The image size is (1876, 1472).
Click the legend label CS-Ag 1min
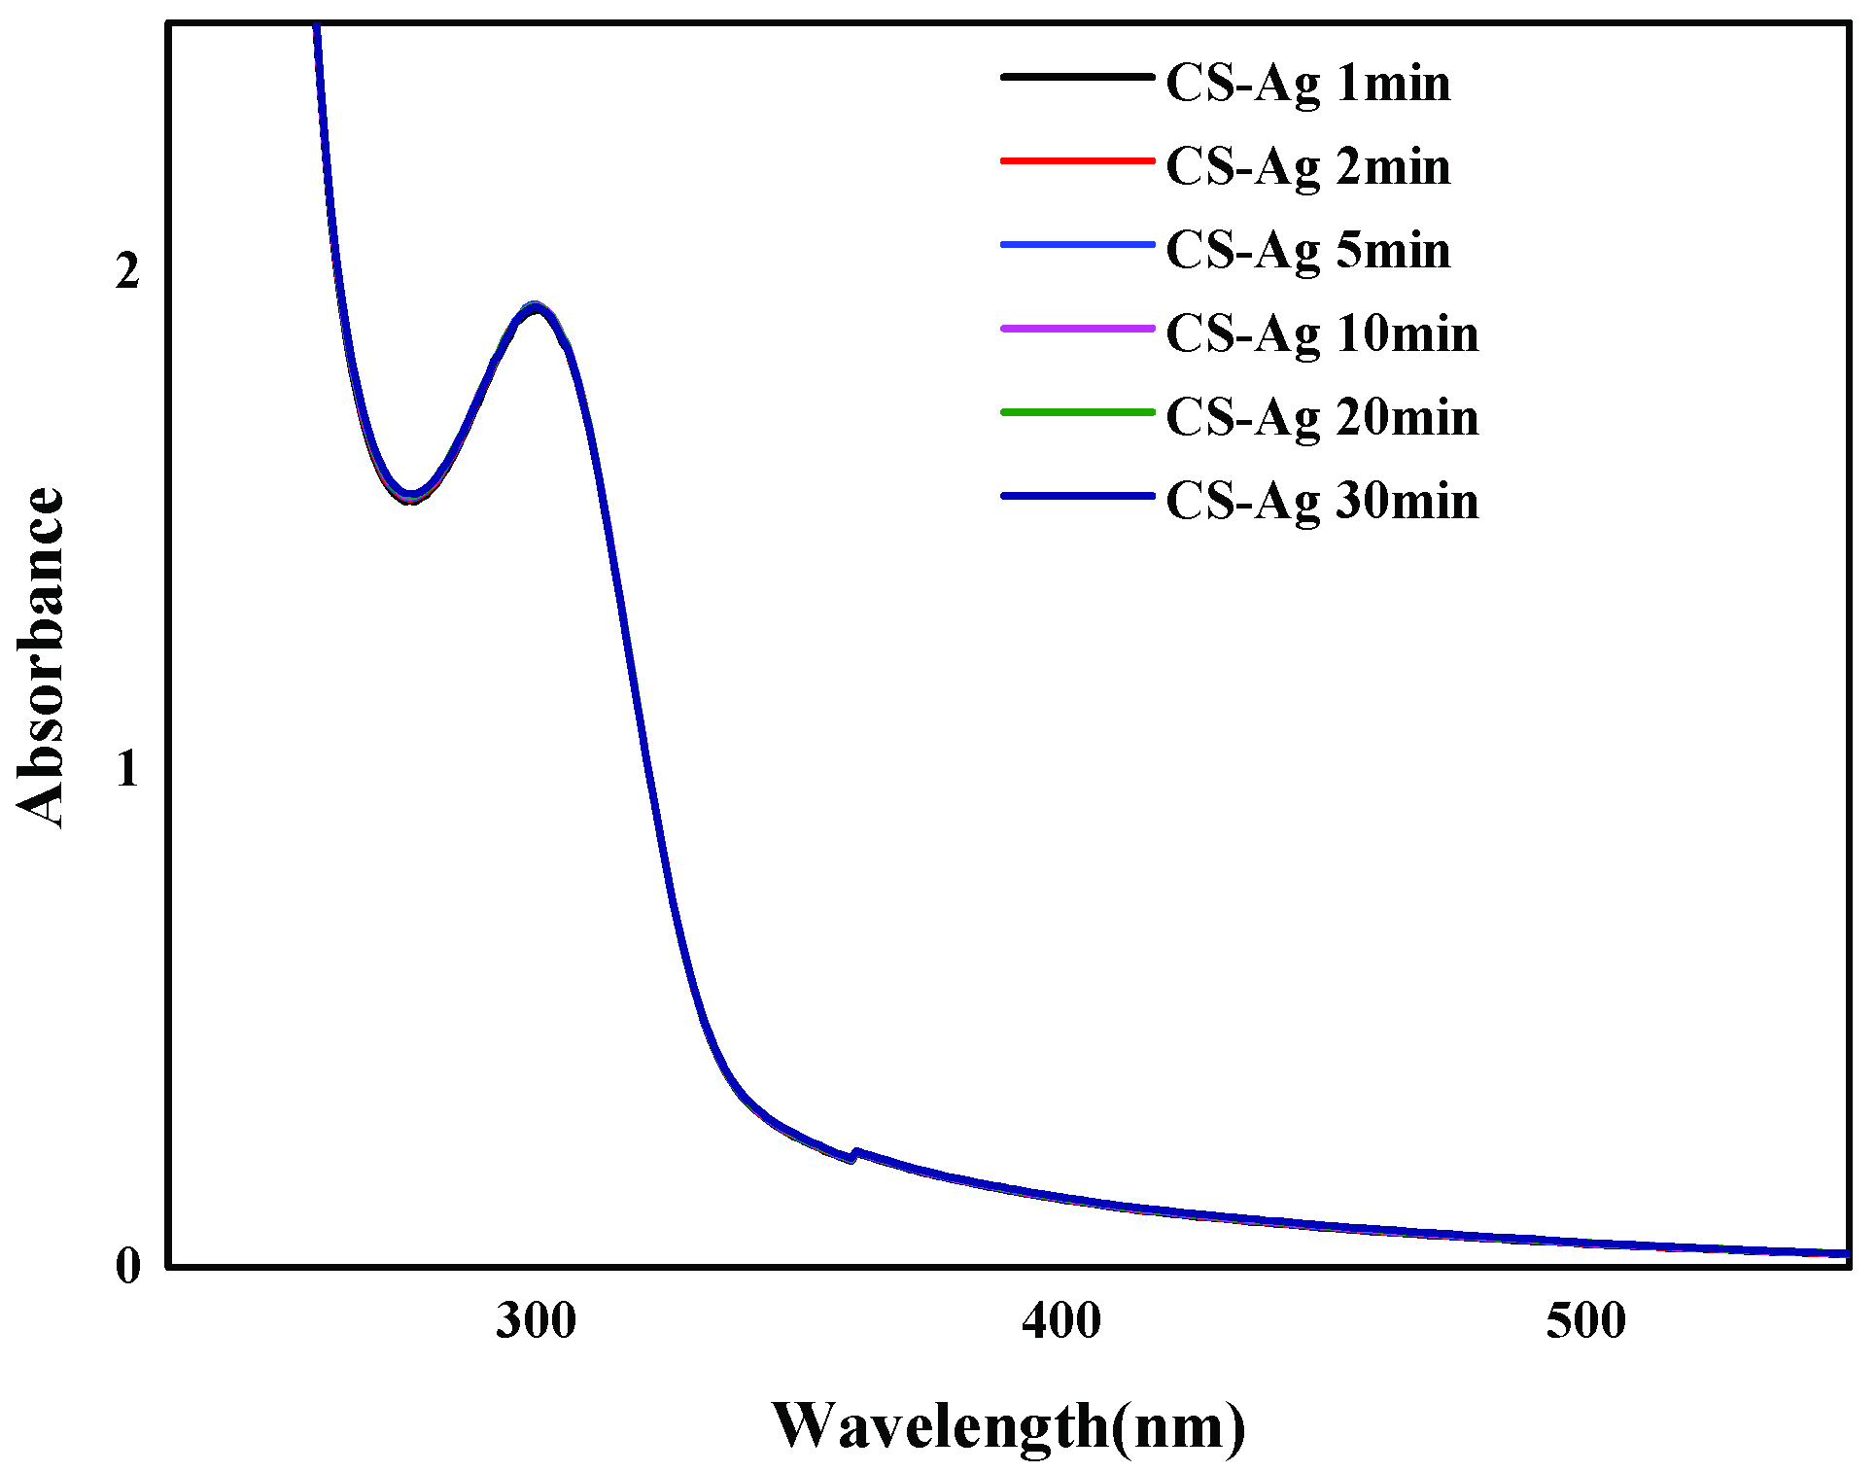1307,84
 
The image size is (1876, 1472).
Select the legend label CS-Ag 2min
1307,167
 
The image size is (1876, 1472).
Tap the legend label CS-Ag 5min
1307,251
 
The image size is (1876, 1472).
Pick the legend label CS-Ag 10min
1322,334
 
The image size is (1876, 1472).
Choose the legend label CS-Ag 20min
1322,418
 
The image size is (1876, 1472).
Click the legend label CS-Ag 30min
1322,502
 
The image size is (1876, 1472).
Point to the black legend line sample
1077,77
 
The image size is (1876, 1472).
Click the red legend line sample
1077,160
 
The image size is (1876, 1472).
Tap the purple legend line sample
1077,329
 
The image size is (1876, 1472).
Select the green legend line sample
1077,412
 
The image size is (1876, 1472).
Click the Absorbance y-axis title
41,657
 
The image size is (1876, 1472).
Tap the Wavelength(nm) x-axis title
1008,1426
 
